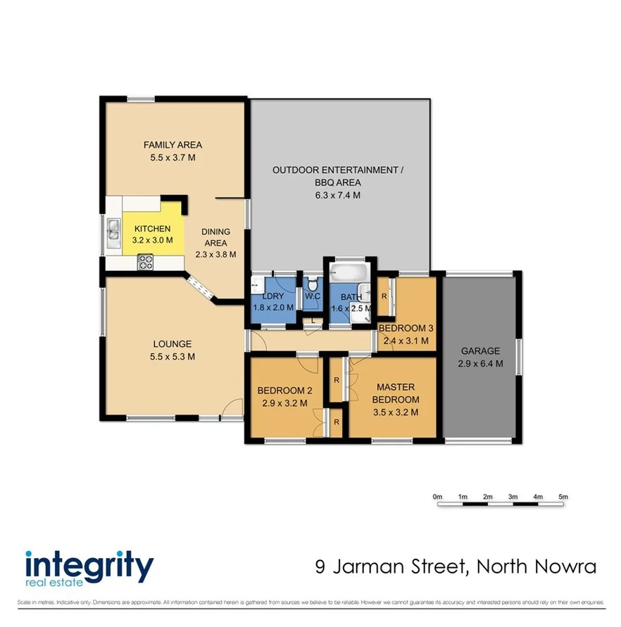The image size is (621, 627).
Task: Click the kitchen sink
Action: (x=113, y=231)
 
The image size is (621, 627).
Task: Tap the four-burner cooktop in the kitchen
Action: (x=146, y=262)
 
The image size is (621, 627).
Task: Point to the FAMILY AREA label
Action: (x=172, y=145)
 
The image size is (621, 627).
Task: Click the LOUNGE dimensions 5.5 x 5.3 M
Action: (x=172, y=357)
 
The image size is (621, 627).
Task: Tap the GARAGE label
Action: (x=480, y=351)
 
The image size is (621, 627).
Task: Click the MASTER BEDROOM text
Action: (x=395, y=393)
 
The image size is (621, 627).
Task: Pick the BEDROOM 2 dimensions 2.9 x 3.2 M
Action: (x=281, y=404)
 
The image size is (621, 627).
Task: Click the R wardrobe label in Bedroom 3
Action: (x=384, y=296)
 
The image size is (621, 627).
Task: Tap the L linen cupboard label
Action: (x=313, y=321)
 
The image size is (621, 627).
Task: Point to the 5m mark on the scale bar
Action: (x=563, y=498)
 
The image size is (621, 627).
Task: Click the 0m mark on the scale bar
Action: (x=437, y=498)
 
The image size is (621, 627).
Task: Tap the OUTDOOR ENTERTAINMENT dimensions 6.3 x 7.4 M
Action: (x=338, y=195)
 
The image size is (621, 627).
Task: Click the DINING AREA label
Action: (x=215, y=237)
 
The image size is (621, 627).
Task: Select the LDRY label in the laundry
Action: (x=268, y=296)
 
